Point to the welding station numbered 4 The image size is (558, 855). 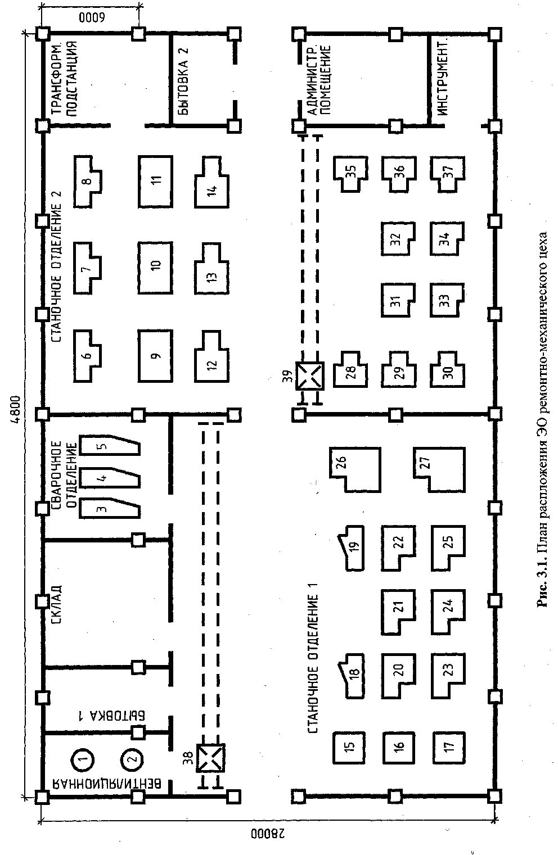click(x=109, y=478)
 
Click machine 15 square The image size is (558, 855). click(x=349, y=747)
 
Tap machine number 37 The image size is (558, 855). click(x=448, y=173)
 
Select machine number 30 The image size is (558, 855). click(x=448, y=373)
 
